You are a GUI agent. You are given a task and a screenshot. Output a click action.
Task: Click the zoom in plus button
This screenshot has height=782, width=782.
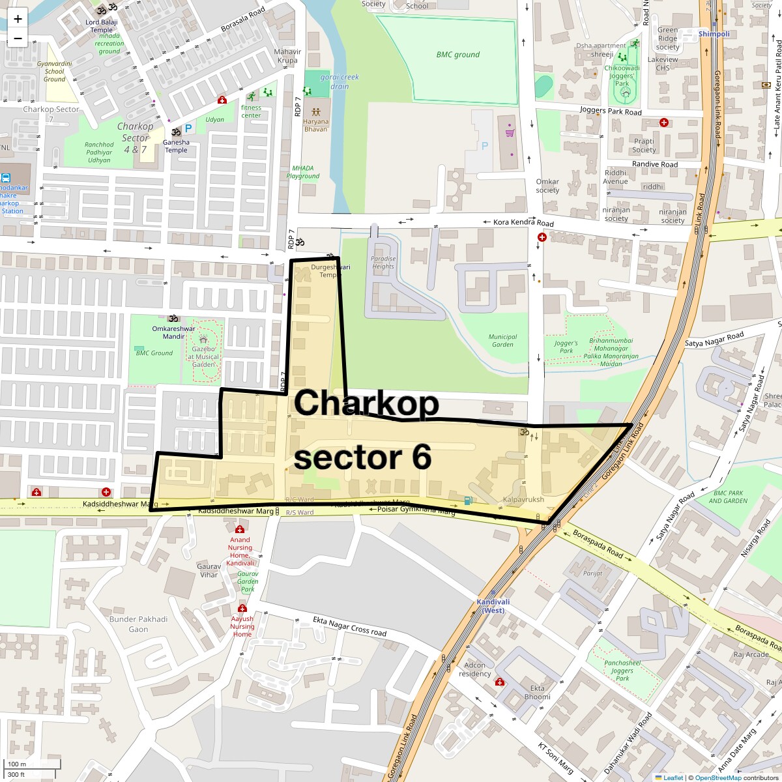(x=18, y=19)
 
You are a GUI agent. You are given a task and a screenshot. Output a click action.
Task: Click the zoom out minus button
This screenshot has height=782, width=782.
(x=18, y=38)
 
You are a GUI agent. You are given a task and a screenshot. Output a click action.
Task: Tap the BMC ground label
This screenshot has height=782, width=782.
(x=457, y=55)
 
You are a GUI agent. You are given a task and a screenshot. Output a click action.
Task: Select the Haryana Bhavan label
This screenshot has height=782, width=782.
(x=316, y=125)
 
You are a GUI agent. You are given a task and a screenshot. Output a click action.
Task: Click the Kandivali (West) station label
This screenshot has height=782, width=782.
(x=493, y=606)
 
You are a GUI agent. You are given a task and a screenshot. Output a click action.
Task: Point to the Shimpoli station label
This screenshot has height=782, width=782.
(x=714, y=34)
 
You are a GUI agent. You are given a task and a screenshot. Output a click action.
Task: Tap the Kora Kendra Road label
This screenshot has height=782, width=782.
(x=523, y=223)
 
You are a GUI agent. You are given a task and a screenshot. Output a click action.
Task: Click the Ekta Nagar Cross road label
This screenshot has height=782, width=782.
(x=349, y=626)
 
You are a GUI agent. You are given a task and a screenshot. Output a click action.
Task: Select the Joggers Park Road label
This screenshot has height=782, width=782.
(x=611, y=111)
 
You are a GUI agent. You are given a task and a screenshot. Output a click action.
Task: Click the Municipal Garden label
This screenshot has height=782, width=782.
(x=502, y=340)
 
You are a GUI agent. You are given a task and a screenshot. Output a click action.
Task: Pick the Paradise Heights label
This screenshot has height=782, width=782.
(x=383, y=262)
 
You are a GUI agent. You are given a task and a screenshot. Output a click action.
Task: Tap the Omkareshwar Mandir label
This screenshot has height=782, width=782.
(x=173, y=332)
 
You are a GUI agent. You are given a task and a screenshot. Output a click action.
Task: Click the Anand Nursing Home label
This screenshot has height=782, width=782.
(x=240, y=551)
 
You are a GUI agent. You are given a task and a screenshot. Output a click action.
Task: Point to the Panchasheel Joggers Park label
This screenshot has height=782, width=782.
(x=622, y=671)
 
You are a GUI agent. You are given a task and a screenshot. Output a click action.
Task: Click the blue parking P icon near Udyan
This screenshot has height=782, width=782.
(x=188, y=129)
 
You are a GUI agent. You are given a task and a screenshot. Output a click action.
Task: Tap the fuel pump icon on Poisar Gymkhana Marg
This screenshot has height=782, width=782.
(x=467, y=500)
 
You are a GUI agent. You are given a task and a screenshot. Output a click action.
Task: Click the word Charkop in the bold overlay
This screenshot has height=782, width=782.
(x=367, y=403)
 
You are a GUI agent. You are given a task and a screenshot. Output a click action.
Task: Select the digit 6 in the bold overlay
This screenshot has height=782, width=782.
(x=421, y=457)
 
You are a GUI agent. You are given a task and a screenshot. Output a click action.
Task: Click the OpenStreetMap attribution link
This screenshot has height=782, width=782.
(x=717, y=777)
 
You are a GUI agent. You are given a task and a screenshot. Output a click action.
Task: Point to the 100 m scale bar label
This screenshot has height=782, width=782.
(x=17, y=764)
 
